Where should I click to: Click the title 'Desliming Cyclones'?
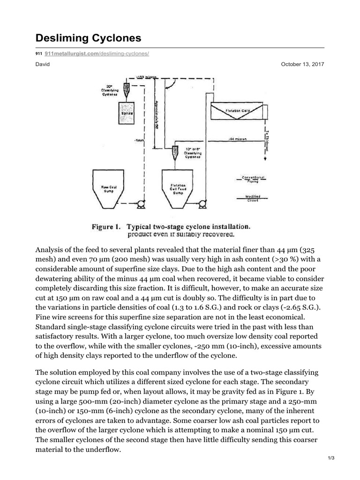tap(88, 37)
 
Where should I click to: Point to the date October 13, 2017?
tap(302, 64)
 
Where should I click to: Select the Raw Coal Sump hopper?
tap(112, 188)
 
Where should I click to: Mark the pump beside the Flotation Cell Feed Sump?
tap(202, 204)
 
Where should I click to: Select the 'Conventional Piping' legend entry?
tap(253, 179)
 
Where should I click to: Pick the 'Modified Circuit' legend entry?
tap(253, 198)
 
